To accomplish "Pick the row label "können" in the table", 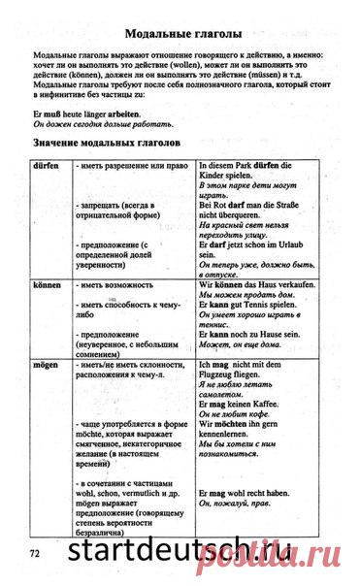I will coord(49,286).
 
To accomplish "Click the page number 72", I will coord(36,552).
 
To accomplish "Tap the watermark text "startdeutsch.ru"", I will coord(195,551).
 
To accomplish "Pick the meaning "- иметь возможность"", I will coord(115,286).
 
